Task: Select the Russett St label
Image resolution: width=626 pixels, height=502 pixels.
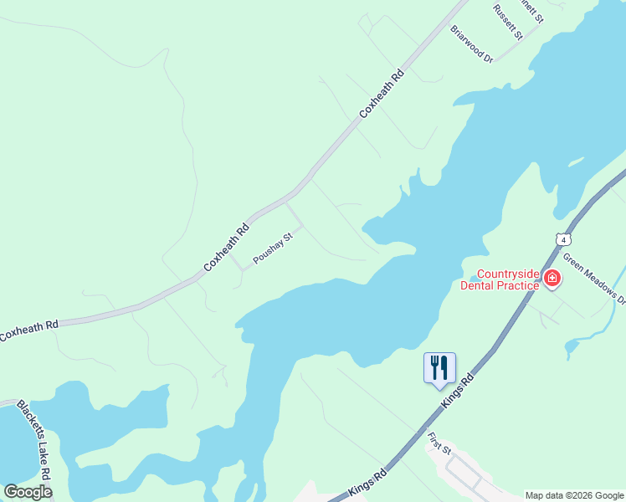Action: pyautogui.click(x=508, y=23)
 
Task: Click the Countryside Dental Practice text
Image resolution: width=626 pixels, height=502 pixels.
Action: pyautogui.click(x=500, y=279)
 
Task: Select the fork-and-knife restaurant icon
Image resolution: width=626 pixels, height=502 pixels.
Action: pyautogui.click(x=439, y=368)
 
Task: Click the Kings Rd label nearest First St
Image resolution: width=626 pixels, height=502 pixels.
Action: pyautogui.click(x=369, y=485)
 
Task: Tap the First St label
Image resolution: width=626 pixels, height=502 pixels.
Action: pyautogui.click(x=439, y=443)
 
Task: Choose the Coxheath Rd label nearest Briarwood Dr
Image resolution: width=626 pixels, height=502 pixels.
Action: pyautogui.click(x=382, y=94)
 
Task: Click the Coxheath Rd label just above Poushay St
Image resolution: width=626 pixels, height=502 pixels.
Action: pyautogui.click(x=227, y=248)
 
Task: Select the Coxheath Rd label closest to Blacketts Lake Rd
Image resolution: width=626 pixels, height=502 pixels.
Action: pyautogui.click(x=29, y=330)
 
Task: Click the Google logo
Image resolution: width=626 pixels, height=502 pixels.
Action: pyautogui.click(x=28, y=492)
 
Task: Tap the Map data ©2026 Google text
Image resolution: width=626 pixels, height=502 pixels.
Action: pyautogui.click(x=574, y=495)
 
